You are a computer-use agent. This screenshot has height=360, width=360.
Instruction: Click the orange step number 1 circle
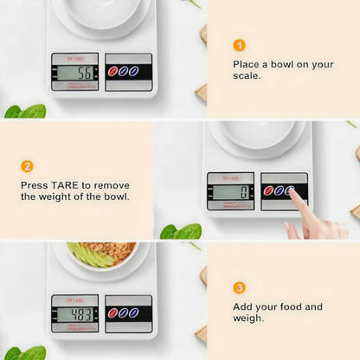(240, 45)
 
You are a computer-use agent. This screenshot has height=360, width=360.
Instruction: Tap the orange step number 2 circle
(27, 166)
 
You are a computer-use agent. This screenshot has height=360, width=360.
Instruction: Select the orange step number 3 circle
(240, 287)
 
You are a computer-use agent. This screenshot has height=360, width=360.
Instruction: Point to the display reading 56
(75, 73)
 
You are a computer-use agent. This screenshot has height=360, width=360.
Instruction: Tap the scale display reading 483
(75, 314)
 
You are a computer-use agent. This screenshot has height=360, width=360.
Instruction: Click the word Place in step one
(247, 64)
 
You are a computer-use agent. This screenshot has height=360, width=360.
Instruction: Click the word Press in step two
(35, 184)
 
